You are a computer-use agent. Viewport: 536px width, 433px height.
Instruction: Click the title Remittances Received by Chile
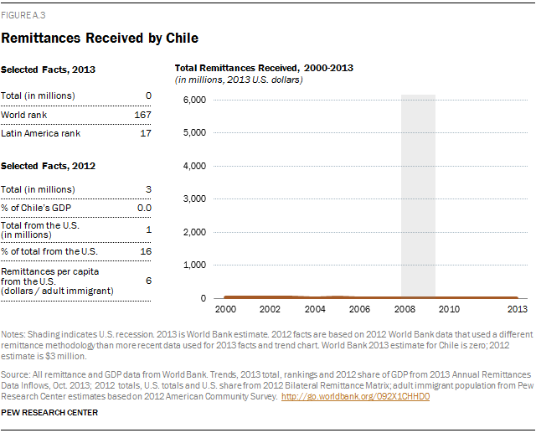click(x=100, y=39)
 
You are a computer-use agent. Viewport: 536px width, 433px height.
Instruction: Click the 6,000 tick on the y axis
click(x=193, y=100)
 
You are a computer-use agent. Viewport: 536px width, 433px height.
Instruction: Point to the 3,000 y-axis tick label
click(x=193, y=198)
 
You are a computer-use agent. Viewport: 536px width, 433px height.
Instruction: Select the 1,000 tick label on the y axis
click(x=193, y=265)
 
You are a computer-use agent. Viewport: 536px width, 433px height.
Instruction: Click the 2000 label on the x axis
click(x=225, y=309)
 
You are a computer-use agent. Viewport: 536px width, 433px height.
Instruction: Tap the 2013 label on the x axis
click(x=517, y=309)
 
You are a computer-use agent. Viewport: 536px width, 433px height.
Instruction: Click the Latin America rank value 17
click(x=146, y=131)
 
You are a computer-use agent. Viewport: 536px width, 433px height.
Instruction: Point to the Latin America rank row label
click(x=35, y=131)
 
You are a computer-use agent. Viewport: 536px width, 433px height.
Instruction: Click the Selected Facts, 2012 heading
click(x=49, y=166)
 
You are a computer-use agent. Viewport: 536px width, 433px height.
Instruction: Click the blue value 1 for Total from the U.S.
click(x=148, y=230)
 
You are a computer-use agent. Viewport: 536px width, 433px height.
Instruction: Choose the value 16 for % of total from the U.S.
click(x=146, y=251)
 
